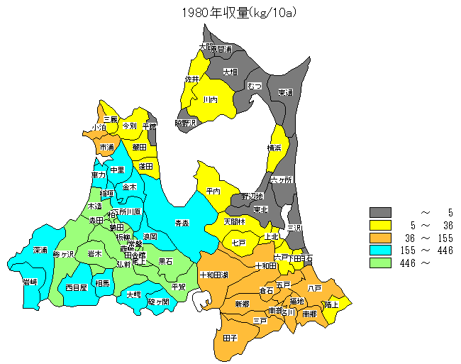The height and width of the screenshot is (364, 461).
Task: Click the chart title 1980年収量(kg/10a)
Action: click(x=231, y=11)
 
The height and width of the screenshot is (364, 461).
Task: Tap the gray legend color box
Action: click(x=380, y=212)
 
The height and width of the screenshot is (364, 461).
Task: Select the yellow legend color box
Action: click(x=380, y=225)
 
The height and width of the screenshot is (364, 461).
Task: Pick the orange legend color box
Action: click(x=380, y=238)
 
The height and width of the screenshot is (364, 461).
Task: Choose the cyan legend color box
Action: click(x=380, y=250)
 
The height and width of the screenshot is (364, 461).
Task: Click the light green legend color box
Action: click(x=380, y=263)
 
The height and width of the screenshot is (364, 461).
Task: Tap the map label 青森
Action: click(x=182, y=223)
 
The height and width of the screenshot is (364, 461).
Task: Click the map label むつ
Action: click(x=255, y=86)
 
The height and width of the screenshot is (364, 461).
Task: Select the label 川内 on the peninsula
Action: click(x=210, y=100)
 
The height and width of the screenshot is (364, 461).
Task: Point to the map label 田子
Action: click(x=230, y=338)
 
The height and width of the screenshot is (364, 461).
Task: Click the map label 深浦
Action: click(x=40, y=250)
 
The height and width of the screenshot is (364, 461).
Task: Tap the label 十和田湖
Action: click(x=214, y=275)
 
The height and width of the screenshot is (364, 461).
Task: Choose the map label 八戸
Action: click(x=315, y=288)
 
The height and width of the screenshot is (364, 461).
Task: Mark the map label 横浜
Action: click(x=274, y=148)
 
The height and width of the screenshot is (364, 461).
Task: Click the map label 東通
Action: click(x=285, y=92)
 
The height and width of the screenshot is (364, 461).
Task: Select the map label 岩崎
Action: click(x=30, y=282)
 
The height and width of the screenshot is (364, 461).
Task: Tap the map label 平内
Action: click(x=213, y=191)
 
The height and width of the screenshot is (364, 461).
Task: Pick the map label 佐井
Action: click(x=192, y=79)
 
